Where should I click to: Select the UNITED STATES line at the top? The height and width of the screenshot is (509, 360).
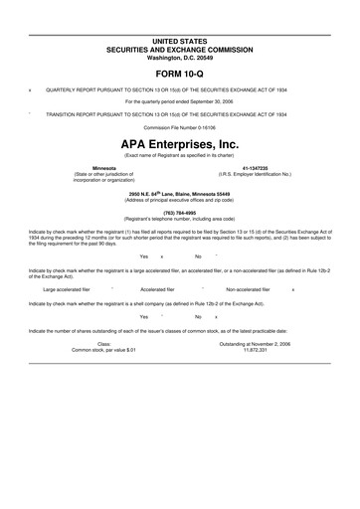(x=180, y=39)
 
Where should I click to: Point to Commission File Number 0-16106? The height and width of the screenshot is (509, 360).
(x=180, y=127)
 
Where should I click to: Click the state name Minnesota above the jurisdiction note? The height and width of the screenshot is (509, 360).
(x=103, y=167)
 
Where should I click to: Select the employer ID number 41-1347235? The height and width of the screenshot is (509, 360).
(x=255, y=167)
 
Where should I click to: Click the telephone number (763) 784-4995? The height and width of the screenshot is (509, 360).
(x=180, y=211)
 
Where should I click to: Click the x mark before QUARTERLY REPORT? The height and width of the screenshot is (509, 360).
(x=31, y=88)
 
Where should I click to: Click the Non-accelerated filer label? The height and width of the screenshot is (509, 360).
(x=248, y=289)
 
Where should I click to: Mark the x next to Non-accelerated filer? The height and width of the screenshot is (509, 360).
(x=292, y=289)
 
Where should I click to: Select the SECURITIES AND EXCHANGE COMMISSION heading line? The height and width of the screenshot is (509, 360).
(x=180, y=47)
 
